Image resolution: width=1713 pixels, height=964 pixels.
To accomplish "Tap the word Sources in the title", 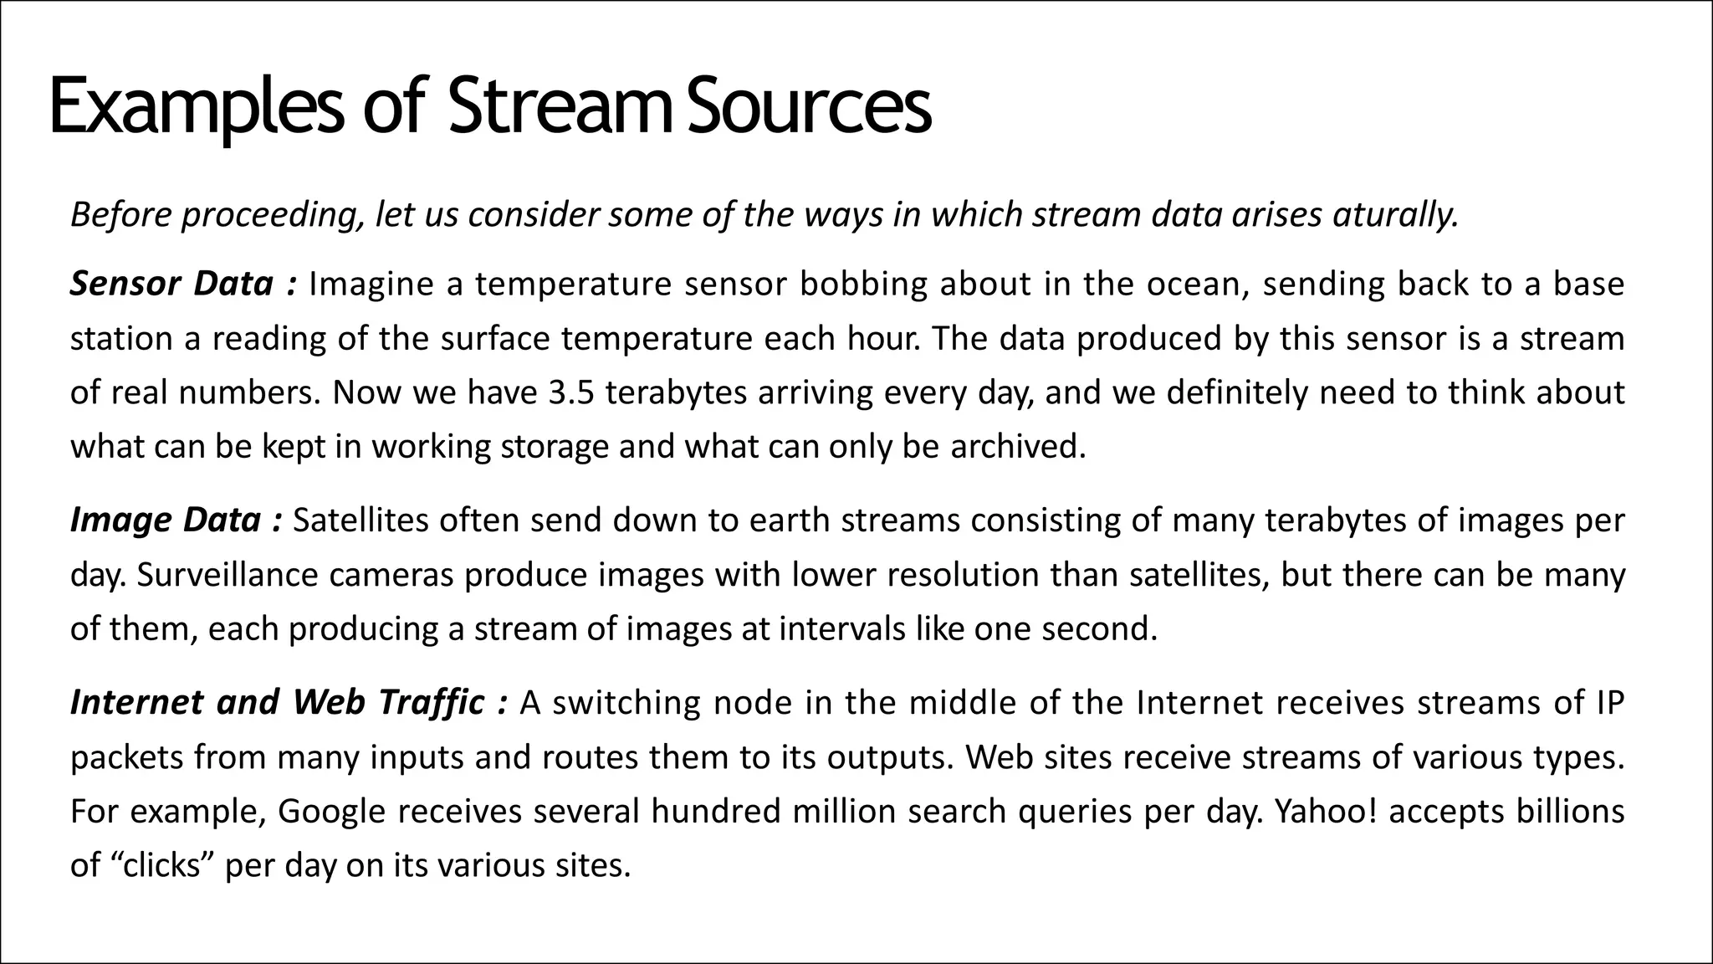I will [808, 106].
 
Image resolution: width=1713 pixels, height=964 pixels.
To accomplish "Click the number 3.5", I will [571, 392].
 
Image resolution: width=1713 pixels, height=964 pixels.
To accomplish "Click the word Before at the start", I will [120, 215].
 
